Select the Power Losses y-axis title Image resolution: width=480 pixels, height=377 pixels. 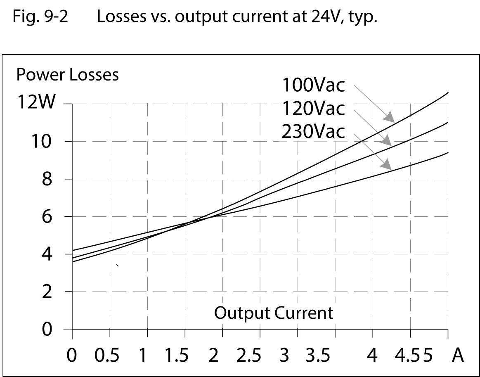coord(67,75)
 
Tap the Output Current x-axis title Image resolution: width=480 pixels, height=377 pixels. coord(273,313)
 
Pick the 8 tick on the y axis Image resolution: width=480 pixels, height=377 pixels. coord(47,179)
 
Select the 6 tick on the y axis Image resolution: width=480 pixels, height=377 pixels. coord(47,216)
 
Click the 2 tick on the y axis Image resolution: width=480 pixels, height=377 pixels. coord(47,292)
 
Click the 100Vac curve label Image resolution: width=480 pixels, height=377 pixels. coord(313,85)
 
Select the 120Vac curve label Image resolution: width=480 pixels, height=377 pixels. coord(313,109)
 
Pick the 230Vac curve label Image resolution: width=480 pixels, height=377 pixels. coord(313,132)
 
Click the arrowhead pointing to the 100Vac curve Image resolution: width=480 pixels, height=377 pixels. coord(389,117)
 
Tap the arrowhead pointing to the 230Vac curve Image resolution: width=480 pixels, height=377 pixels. coord(387,165)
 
